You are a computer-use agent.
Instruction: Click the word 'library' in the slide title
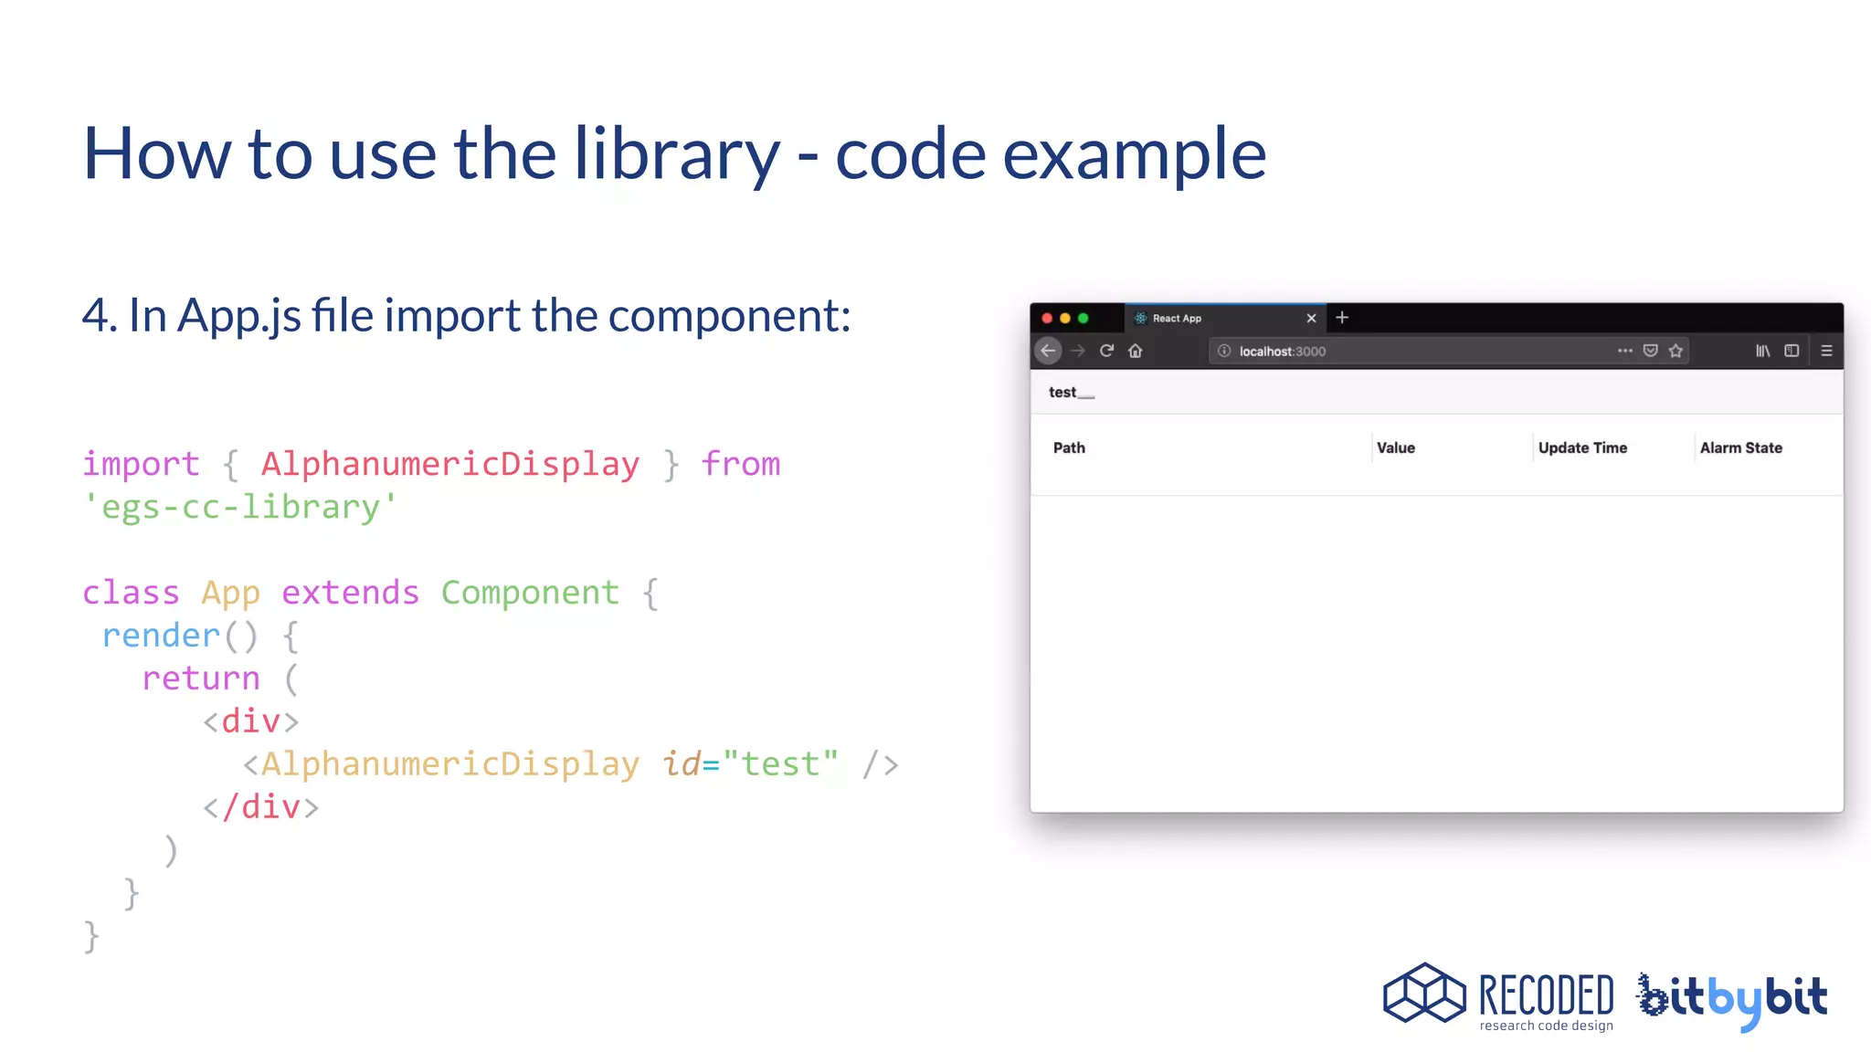tap(676, 153)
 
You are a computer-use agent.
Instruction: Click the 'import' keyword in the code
tap(141, 464)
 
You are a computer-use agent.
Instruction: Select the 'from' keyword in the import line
tap(741, 464)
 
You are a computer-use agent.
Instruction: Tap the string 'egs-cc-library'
tap(240, 507)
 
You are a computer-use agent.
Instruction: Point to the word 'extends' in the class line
tap(350, 593)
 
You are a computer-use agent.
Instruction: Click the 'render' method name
tap(161, 636)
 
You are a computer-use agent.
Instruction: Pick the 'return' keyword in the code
tap(201, 679)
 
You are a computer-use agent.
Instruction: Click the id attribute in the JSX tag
tap(681, 763)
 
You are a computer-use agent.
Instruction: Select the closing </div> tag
tap(261, 807)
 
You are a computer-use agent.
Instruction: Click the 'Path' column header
tap(1069, 447)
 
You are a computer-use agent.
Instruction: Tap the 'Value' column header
tap(1395, 447)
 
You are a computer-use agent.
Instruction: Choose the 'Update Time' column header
tap(1582, 447)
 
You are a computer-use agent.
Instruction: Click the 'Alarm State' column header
tap(1740, 447)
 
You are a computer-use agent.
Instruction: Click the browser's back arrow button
tap(1048, 351)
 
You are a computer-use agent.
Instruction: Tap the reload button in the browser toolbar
tap(1106, 351)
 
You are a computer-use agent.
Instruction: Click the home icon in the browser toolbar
tap(1136, 351)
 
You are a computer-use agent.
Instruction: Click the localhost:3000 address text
tap(1282, 352)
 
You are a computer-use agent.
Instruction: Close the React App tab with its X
tap(1311, 318)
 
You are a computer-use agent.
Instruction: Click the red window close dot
tap(1047, 318)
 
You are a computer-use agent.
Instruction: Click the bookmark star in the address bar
tap(1675, 351)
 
